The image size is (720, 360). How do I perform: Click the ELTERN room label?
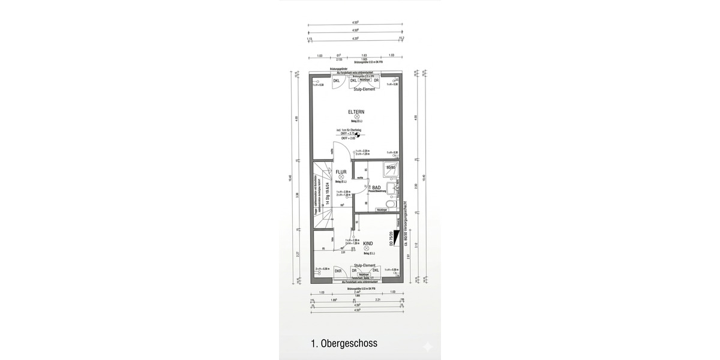pos(356,112)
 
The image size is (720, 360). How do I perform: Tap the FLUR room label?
pos(341,172)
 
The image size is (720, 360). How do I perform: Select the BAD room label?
pos(376,188)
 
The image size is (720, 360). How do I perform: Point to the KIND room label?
pos(368,243)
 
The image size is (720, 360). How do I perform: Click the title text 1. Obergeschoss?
pos(344,344)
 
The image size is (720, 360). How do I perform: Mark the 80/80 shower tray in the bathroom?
pos(391,167)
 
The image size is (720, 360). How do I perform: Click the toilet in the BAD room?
pos(391,205)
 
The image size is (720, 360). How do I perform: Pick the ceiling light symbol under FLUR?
pos(341,178)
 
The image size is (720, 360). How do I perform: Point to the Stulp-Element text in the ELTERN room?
pos(364,89)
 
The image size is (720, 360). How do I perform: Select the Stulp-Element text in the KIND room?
pos(364,265)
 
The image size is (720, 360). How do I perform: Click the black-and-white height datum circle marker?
pos(358,136)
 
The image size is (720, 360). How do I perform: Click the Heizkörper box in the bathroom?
pos(380,211)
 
